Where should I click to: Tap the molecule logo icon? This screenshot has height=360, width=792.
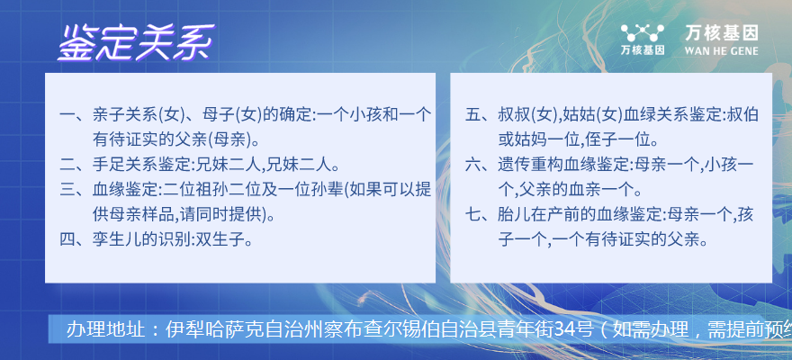[x=643, y=32]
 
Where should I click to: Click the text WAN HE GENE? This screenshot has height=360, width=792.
[x=722, y=51]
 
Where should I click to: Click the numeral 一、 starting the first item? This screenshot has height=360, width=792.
[x=74, y=114]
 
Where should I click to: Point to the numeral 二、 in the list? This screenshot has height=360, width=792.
[x=74, y=164]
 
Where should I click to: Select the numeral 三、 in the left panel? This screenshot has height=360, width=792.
[x=74, y=189]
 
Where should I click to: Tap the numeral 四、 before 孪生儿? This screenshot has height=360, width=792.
[x=74, y=238]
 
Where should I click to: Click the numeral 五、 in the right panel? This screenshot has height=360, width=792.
[x=480, y=114]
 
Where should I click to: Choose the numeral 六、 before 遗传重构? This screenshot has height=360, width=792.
[x=480, y=164]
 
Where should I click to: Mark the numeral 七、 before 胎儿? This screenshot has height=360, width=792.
[x=480, y=214]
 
